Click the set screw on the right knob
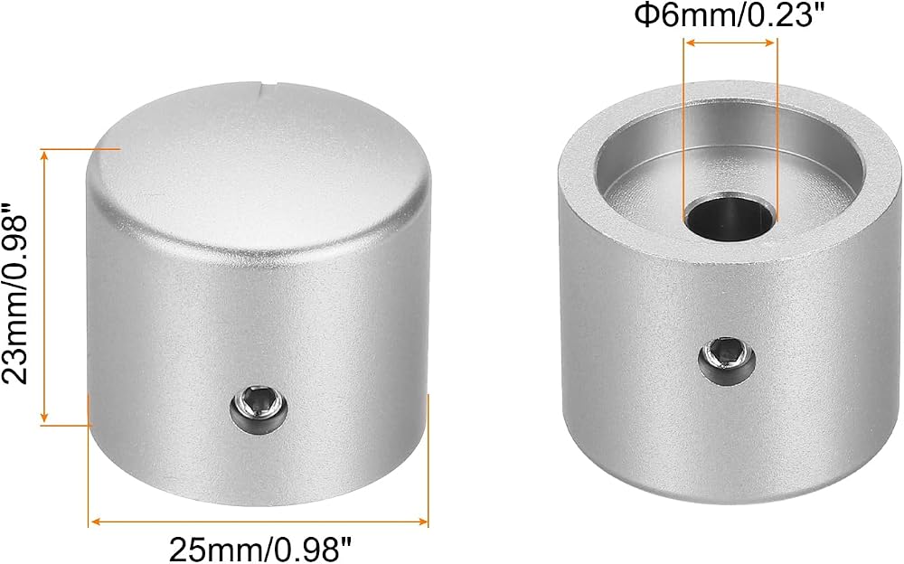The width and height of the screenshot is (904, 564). click(x=727, y=362)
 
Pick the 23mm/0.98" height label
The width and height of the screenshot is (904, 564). click(x=15, y=293)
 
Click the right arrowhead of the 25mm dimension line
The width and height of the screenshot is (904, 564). click(x=422, y=522)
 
